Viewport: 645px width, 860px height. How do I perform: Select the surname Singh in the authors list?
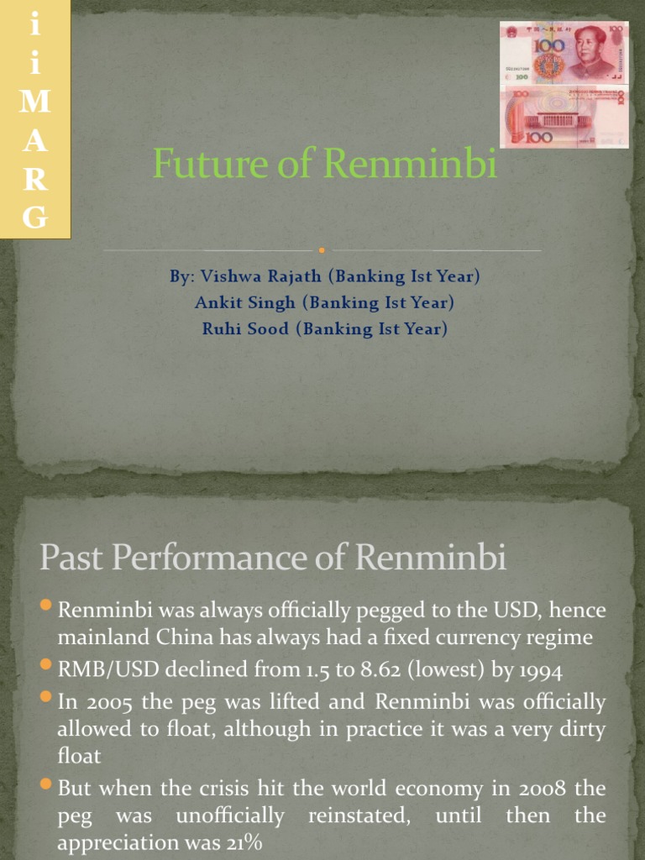[274, 302]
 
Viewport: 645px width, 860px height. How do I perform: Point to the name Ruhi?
[221, 328]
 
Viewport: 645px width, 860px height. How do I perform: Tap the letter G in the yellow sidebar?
[34, 218]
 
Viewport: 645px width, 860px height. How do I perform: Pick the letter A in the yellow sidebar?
[34, 142]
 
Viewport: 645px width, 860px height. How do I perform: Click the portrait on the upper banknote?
[590, 50]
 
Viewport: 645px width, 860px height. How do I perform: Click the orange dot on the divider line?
[322, 249]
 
